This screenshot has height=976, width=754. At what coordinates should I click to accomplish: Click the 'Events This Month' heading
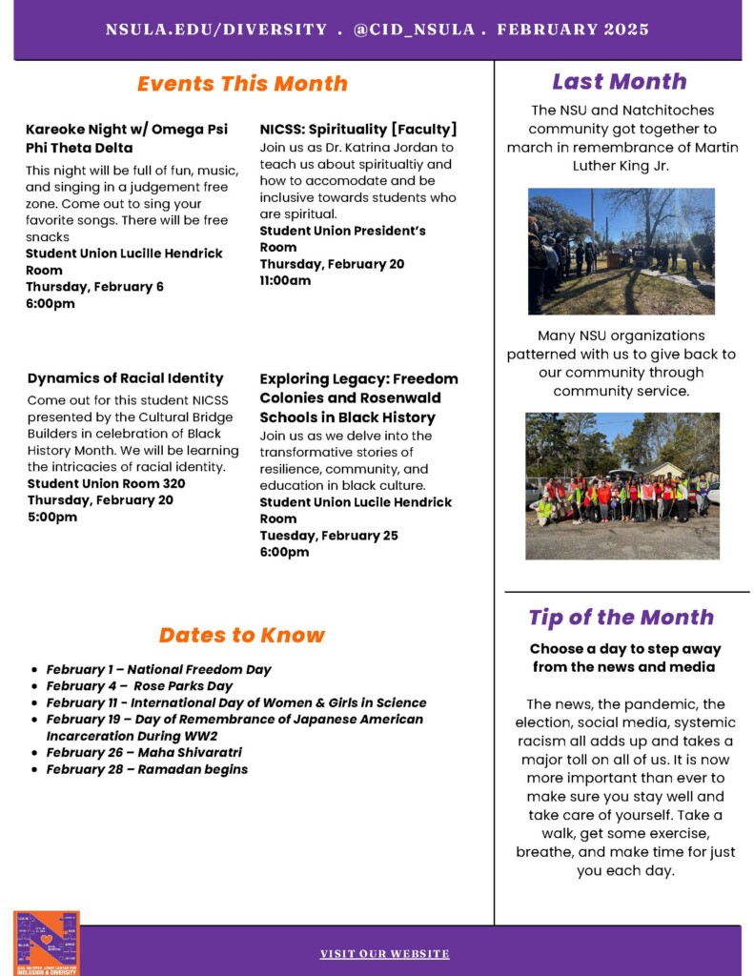pyautogui.click(x=242, y=83)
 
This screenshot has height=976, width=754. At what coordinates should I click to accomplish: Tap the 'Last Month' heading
pyautogui.click(x=619, y=81)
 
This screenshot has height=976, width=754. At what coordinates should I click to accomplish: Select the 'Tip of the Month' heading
pyautogui.click(x=621, y=617)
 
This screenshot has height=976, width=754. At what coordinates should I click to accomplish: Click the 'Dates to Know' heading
pyautogui.click(x=241, y=635)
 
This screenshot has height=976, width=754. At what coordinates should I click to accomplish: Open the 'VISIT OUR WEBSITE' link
pyautogui.click(x=384, y=953)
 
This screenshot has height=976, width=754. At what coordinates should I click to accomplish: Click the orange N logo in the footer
pyautogui.click(x=47, y=943)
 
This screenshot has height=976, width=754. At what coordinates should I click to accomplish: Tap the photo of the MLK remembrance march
pyautogui.click(x=621, y=251)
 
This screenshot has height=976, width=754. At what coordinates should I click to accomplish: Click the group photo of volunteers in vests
pyautogui.click(x=622, y=485)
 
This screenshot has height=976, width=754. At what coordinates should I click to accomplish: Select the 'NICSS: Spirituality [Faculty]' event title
pyautogui.click(x=358, y=129)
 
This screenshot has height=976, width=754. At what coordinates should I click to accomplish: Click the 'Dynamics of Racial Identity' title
pyautogui.click(x=125, y=377)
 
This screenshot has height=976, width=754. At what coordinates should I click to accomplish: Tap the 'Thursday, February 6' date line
pyautogui.click(x=94, y=287)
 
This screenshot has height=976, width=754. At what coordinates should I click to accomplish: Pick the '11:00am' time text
pyautogui.click(x=285, y=280)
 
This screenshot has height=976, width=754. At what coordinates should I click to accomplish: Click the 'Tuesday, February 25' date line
pyautogui.click(x=328, y=536)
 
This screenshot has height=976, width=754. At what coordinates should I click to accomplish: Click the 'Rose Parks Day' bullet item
pyautogui.click(x=139, y=685)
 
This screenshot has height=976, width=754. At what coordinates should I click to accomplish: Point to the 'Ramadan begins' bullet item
pyautogui.click(x=147, y=769)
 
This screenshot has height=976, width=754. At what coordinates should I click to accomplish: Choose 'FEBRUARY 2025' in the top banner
pyautogui.click(x=572, y=29)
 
